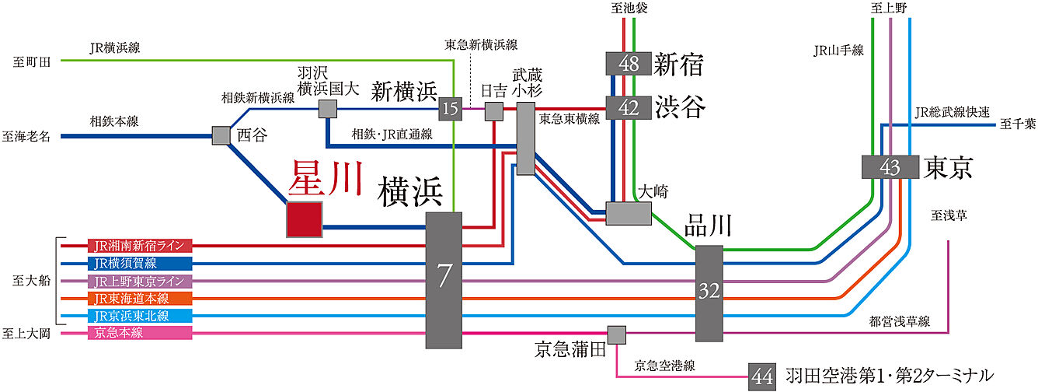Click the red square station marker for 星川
pyautogui.click(x=305, y=219)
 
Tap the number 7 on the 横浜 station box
pyautogui.click(x=444, y=277)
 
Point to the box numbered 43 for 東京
pyautogui.click(x=890, y=167)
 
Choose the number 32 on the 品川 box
pyautogui.click(x=709, y=292)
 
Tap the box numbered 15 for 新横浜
pyautogui.click(x=450, y=109)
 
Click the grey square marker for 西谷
pyautogui.click(x=222, y=136)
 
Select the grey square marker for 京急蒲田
pyautogui.click(x=617, y=334)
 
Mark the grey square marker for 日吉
pyautogui.click(x=494, y=110)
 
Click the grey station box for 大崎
pyautogui.click(x=629, y=214)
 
